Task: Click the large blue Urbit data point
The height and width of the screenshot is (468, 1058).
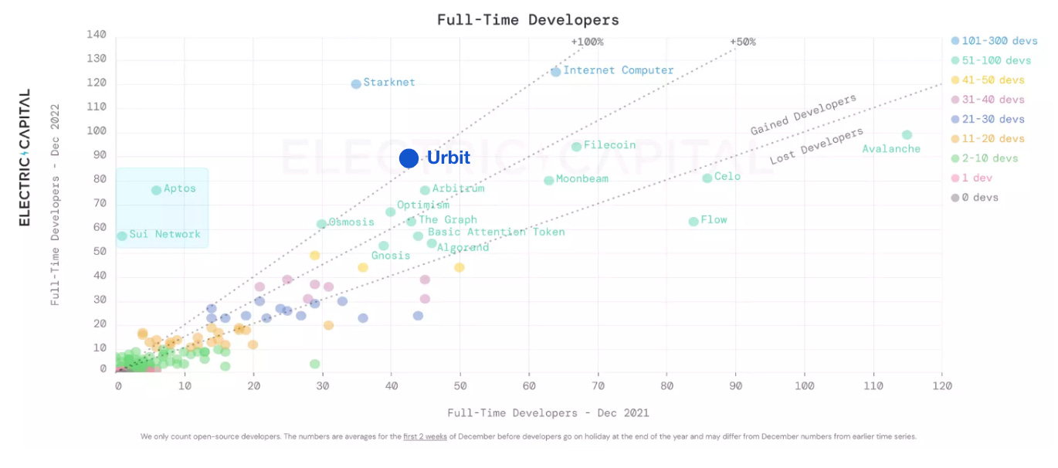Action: click(x=409, y=158)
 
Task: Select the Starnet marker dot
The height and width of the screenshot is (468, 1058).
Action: click(x=356, y=84)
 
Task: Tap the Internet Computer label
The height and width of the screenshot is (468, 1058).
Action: click(x=619, y=70)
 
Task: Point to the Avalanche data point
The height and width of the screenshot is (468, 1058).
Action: click(x=907, y=135)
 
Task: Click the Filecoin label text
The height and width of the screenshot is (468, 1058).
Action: click(x=609, y=145)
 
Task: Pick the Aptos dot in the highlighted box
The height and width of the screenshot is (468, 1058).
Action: click(x=156, y=190)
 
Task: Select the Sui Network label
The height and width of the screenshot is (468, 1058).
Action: click(x=164, y=234)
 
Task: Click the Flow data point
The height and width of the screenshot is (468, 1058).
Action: click(x=693, y=222)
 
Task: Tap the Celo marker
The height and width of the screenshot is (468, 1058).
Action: click(x=707, y=178)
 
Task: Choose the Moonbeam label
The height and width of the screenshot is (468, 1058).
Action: click(x=582, y=179)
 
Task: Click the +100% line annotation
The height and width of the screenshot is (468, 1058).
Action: click(x=587, y=42)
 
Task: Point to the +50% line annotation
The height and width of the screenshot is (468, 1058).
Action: click(x=742, y=42)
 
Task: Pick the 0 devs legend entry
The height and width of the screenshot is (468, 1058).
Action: click(x=980, y=198)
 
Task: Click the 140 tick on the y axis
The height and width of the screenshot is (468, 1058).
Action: click(x=97, y=35)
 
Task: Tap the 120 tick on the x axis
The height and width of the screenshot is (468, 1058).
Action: click(x=941, y=385)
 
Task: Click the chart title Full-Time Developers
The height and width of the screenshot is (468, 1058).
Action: click(x=528, y=20)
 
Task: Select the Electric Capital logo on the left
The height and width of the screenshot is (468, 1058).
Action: click(x=25, y=158)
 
